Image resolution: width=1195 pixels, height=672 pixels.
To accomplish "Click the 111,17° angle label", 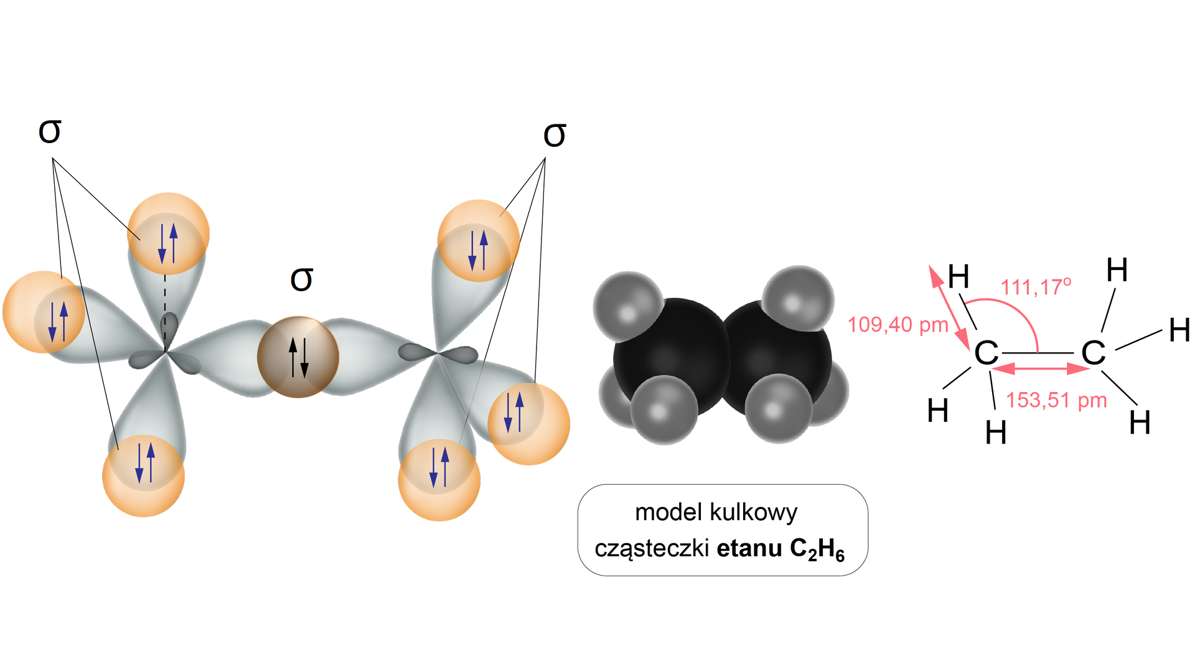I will click(x=1036, y=287).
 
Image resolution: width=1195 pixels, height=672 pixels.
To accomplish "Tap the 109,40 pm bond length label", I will click(x=897, y=325).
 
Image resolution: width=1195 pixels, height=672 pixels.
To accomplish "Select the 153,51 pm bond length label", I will click(x=1056, y=400).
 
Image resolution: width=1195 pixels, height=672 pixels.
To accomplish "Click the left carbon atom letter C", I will click(x=986, y=353).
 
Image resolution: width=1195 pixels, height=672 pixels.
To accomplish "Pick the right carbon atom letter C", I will click(x=1094, y=353).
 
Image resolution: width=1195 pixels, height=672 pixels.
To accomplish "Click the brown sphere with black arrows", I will click(x=298, y=357).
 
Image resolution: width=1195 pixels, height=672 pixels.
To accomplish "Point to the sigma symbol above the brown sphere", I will click(x=302, y=279).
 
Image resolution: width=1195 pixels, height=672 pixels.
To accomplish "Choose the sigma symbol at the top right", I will click(x=555, y=135).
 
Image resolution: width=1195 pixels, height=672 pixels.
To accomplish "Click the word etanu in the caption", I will click(x=749, y=549).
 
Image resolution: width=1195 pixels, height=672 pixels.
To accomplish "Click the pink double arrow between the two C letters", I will click(x=1040, y=369).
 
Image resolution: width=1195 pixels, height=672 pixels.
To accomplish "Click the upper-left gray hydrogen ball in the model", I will click(x=627, y=305).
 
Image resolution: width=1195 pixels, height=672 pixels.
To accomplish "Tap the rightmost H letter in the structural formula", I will click(x=1179, y=330).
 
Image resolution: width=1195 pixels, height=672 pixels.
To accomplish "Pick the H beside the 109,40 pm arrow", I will click(x=958, y=276).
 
